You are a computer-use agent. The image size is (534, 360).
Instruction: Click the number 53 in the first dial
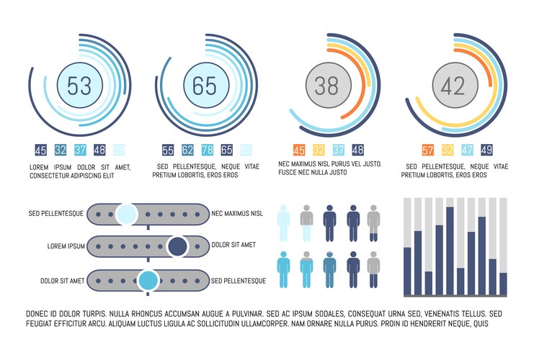(x=79, y=86)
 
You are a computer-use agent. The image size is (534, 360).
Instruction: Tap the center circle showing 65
(x=205, y=86)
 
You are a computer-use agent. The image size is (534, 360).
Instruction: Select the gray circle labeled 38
(x=327, y=86)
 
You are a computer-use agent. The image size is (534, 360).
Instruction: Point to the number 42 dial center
(x=453, y=86)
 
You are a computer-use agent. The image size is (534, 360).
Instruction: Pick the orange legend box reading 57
(x=427, y=150)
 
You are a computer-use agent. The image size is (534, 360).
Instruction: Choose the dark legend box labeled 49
(x=486, y=150)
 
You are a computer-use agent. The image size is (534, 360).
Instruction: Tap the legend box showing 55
(x=168, y=150)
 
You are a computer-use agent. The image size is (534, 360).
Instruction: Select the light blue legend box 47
(x=466, y=150)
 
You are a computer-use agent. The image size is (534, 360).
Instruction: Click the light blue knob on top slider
(x=126, y=214)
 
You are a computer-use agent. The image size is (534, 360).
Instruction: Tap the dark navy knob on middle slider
(x=177, y=247)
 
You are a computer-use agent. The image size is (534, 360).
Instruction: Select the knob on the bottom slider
(x=149, y=280)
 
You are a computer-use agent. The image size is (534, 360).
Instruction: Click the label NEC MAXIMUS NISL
(x=237, y=214)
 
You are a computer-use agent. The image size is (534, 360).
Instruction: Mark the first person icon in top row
(x=284, y=222)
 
